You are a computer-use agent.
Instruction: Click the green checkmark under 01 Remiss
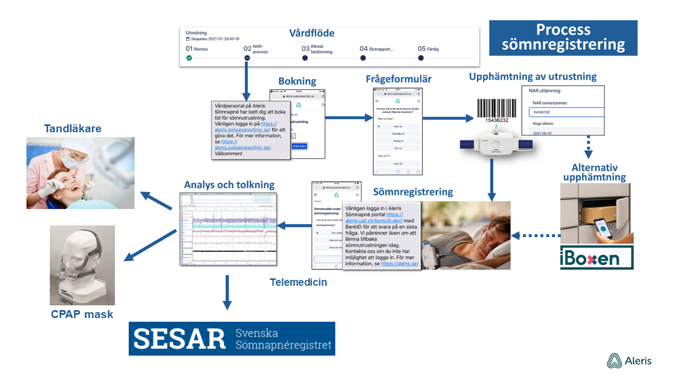(189, 58)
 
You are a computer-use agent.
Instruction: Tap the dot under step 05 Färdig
(421, 58)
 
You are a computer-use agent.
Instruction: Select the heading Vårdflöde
(311, 33)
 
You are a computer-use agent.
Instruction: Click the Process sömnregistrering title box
(563, 38)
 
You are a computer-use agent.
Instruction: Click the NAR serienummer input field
(566, 112)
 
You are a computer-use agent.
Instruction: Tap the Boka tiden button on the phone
(299, 146)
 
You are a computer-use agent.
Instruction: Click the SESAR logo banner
(232, 339)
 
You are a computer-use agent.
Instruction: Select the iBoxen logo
(596, 258)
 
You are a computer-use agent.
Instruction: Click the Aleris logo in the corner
(629, 361)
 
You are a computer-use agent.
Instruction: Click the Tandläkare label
(73, 129)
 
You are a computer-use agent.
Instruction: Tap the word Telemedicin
(298, 282)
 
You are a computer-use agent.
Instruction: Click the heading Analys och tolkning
(229, 185)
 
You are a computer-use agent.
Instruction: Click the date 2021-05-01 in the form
(543, 134)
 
